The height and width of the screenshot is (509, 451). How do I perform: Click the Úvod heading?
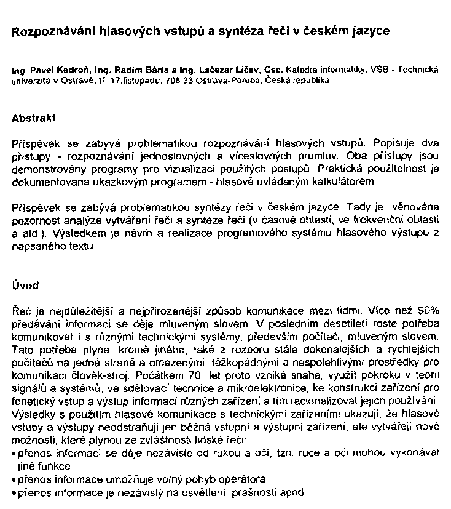25,285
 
